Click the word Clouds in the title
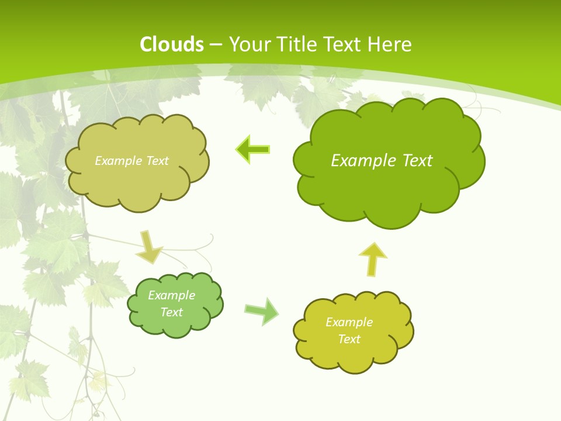[172, 44]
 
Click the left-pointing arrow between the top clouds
[253, 150]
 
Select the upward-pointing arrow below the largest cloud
[373, 258]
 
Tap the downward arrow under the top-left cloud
[149, 247]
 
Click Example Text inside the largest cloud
[382, 161]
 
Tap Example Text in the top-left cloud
[131, 161]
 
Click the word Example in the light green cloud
[171, 295]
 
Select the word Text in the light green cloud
[171, 312]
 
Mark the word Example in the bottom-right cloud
[349, 322]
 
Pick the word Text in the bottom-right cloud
[349, 339]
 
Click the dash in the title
[215, 44]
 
